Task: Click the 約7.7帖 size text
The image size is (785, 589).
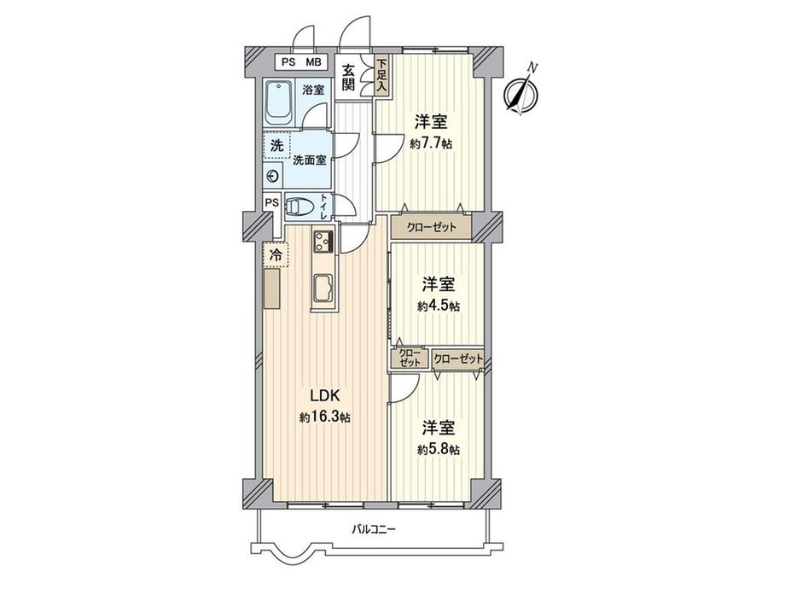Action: tap(431, 144)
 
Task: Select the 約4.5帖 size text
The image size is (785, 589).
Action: tap(439, 306)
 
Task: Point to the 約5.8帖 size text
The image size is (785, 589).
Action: tap(439, 449)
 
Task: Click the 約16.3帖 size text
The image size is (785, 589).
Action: tap(324, 417)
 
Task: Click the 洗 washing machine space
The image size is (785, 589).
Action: tap(276, 145)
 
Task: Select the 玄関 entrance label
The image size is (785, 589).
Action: tap(350, 79)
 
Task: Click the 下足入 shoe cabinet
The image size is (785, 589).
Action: tap(381, 73)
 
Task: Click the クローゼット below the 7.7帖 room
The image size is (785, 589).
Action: tap(431, 228)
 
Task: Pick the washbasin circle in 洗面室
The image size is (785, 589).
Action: tap(273, 177)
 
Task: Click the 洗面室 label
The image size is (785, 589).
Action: tap(308, 159)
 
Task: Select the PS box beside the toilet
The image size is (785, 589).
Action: tap(271, 202)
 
